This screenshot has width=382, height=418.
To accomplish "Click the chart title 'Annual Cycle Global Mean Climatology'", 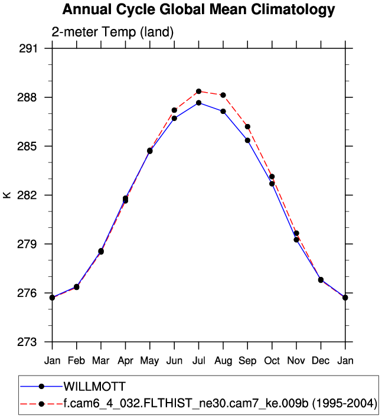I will tap(198, 10).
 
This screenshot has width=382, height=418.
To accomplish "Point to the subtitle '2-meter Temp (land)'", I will tap(112, 32).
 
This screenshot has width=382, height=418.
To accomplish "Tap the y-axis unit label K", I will tap(7, 195).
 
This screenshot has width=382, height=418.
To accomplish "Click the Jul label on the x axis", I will tap(199, 360).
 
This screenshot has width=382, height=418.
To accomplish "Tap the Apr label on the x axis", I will tap(125, 360).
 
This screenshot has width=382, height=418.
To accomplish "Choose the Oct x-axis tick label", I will tap(272, 360).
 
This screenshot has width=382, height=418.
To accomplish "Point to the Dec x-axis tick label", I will tap(321, 360).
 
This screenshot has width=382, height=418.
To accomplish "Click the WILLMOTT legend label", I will tap(94, 387).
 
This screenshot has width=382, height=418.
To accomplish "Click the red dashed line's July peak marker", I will tap(199, 92).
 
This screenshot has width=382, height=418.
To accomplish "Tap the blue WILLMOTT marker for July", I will tap(199, 103).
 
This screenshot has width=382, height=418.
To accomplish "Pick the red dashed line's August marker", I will tap(223, 95).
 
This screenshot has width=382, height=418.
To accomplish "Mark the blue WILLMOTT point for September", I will tap(248, 140).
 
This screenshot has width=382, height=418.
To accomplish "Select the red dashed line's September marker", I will tap(248, 126).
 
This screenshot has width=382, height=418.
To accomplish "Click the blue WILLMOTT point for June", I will tap(174, 118).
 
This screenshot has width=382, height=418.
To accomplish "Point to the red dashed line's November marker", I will tap(296, 233).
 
